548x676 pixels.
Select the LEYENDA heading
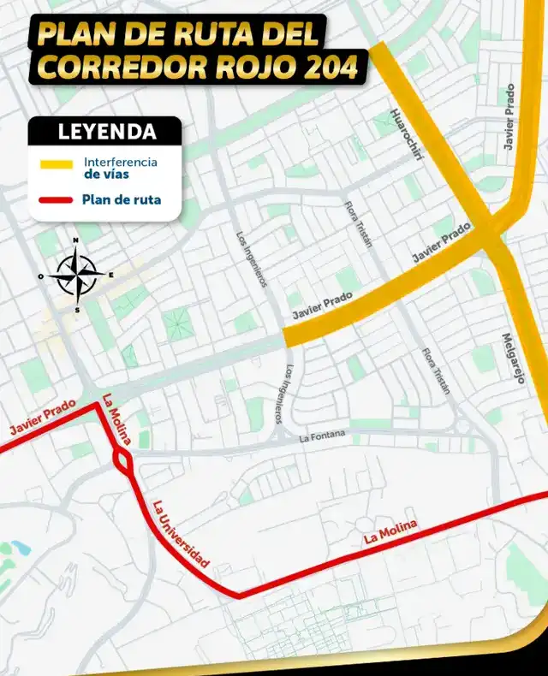pyautogui.click(x=106, y=132)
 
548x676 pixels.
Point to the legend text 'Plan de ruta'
pyautogui.click(x=122, y=200)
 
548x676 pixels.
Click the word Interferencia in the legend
pyautogui.click(x=121, y=161)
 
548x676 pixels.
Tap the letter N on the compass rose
pyautogui.click(x=75, y=240)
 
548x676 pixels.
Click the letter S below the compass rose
pyautogui.click(x=77, y=310)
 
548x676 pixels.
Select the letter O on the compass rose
pyautogui.click(x=41, y=276)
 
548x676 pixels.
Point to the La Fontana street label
pyautogui.click(x=322, y=436)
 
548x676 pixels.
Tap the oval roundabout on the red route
pyautogui.click(x=122, y=464)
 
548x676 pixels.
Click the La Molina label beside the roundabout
pyautogui.click(x=116, y=421)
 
